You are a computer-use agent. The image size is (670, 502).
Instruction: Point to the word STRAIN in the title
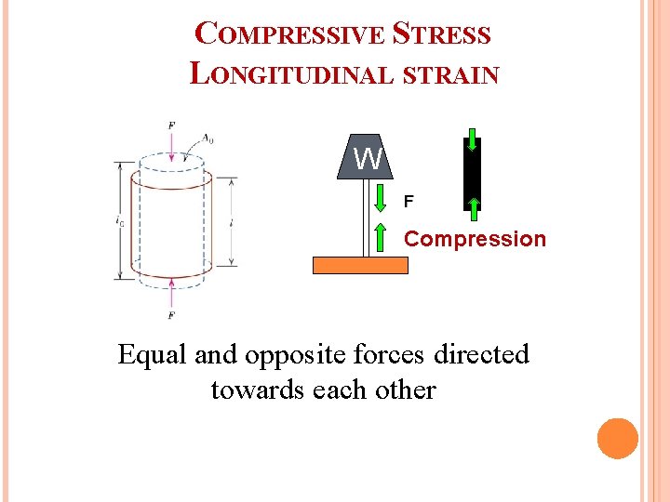click(451, 74)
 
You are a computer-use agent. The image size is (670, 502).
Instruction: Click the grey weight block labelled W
click(368, 158)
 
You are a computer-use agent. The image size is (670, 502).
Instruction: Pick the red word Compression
click(475, 239)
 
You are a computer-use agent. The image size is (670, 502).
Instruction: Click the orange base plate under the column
click(360, 265)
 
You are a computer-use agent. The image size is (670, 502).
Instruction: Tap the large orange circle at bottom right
click(617, 438)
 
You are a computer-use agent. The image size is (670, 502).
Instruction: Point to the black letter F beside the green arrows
click(408, 200)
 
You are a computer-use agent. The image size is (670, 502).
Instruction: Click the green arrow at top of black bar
click(473, 143)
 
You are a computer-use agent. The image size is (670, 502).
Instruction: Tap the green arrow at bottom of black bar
click(473, 205)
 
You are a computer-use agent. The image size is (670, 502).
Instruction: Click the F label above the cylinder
click(170, 125)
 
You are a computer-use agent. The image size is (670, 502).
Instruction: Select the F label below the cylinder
click(171, 316)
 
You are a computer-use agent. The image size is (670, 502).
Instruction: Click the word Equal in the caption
click(153, 354)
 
